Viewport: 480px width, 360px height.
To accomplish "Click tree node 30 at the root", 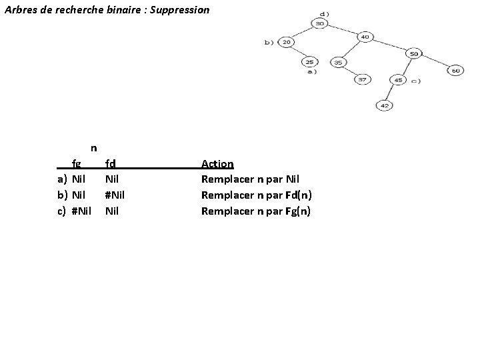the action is point(320,23).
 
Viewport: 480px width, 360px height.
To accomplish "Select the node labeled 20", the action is point(286,42).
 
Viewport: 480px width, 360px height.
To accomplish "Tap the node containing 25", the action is point(309,62).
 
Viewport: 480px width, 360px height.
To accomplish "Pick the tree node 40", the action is point(365,37).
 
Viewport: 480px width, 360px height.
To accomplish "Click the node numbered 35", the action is point(339,62).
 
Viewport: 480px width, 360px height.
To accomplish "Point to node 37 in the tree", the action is point(362,79).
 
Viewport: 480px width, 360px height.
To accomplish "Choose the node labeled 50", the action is point(414,53).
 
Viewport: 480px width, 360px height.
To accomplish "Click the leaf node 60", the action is point(455,70).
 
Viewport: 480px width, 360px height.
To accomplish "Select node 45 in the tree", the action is point(399,80).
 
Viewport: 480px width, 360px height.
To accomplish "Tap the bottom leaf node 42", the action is point(385,105).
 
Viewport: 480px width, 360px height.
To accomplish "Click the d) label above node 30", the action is point(324,13).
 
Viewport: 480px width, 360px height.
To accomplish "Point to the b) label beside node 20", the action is point(269,42).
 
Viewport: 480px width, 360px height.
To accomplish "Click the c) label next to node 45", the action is point(415,81).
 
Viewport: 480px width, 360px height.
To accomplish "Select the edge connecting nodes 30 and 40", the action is point(343,30).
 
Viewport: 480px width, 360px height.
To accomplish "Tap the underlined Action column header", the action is point(217,163).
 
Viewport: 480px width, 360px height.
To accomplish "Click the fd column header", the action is point(111,163).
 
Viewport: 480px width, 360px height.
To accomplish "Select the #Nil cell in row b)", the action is point(115,195).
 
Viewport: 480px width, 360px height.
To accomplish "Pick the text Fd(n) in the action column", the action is point(298,195).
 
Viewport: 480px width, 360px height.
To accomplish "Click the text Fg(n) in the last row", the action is point(298,211).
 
